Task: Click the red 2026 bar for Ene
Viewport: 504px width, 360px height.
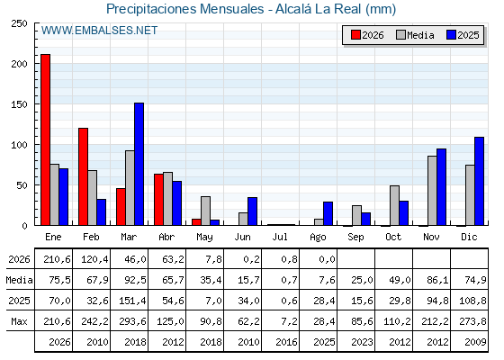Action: pyautogui.click(x=45, y=139)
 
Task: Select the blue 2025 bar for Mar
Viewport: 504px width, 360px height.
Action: pyautogui.click(x=139, y=164)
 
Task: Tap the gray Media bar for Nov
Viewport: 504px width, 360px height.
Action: pyautogui.click(x=432, y=191)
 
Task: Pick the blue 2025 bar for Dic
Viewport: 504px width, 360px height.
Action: pyautogui.click(x=479, y=181)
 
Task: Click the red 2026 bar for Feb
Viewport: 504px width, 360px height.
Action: pyautogui.click(x=83, y=176)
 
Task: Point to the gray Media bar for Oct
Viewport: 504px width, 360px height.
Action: pyautogui.click(x=395, y=205)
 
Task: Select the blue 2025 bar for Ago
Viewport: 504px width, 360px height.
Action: pyautogui.click(x=328, y=214)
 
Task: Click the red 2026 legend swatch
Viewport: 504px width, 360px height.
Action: pyautogui.click(x=355, y=35)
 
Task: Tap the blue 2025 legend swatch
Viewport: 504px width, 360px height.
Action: pyautogui.click(x=451, y=35)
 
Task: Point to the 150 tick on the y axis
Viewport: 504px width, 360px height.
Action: pyautogui.click(x=19, y=104)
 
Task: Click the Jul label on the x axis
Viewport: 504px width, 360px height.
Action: pyautogui.click(x=280, y=237)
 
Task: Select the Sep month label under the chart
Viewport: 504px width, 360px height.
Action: pyautogui.click(x=355, y=237)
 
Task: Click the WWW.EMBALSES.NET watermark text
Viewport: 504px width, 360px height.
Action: pyautogui.click(x=99, y=31)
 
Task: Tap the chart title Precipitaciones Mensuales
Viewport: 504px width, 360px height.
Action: pyautogui.click(x=184, y=9)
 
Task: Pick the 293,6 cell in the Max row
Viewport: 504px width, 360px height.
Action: pyautogui.click(x=133, y=321)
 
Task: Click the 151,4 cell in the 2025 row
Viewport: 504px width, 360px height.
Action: pyautogui.click(x=133, y=301)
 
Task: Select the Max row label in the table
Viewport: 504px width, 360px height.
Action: pyautogui.click(x=19, y=321)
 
